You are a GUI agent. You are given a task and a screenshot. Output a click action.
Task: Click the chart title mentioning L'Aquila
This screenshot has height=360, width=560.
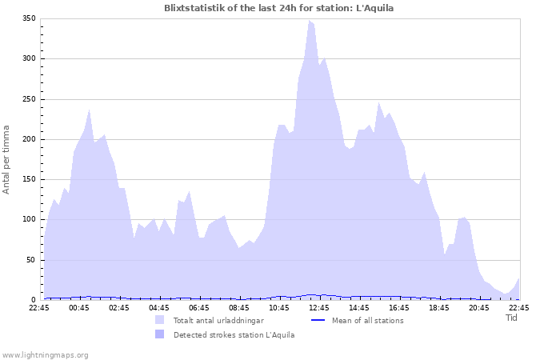[278, 8]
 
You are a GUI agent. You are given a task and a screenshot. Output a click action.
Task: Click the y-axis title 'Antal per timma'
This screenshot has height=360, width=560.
[7, 158]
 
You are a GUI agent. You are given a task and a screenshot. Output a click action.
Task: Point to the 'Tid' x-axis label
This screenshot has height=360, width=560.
[512, 318]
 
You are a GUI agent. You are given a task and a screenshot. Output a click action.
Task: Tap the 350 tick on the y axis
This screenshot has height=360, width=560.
[29, 18]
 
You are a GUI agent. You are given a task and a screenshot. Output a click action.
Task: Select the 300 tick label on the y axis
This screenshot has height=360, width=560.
[29, 58]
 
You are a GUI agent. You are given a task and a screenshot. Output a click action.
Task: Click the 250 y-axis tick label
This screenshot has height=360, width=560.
[29, 99]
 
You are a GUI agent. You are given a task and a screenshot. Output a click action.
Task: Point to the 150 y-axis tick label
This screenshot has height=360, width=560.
[29, 179]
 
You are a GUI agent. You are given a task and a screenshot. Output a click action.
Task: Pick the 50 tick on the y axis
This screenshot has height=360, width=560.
[31, 260]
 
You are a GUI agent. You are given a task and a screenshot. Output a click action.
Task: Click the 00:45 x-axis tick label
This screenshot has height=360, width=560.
[79, 307]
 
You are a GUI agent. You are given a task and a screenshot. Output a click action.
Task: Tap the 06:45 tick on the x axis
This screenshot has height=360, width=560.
[199, 307]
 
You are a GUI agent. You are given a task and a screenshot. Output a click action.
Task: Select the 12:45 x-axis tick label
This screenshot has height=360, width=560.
[319, 307]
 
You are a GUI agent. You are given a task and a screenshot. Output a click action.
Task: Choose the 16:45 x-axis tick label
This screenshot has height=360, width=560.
[399, 307]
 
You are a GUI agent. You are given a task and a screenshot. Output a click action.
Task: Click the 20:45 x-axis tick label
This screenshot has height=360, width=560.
[479, 307]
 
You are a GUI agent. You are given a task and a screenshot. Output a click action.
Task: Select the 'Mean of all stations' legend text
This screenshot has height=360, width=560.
[367, 320]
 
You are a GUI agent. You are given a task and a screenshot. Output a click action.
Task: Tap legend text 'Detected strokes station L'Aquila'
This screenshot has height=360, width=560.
[234, 334]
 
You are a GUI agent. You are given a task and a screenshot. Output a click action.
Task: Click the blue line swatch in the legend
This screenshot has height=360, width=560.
[318, 320]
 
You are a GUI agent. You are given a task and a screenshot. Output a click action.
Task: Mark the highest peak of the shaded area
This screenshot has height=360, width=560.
[310, 21]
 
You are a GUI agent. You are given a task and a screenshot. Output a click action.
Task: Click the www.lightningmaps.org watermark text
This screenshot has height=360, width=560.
[45, 354]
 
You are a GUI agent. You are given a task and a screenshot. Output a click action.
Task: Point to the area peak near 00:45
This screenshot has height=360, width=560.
[89, 110]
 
